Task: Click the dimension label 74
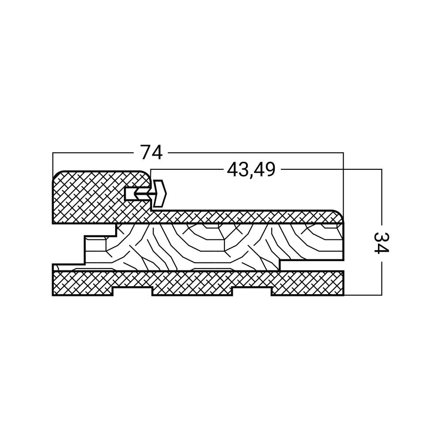coord(151,153)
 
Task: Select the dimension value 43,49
coord(251,170)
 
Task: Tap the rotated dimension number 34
coord(381,243)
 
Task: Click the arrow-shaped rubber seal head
coord(160,193)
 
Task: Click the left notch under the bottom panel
coord(132,292)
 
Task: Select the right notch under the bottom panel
coord(252,292)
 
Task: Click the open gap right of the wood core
coord(312,266)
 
